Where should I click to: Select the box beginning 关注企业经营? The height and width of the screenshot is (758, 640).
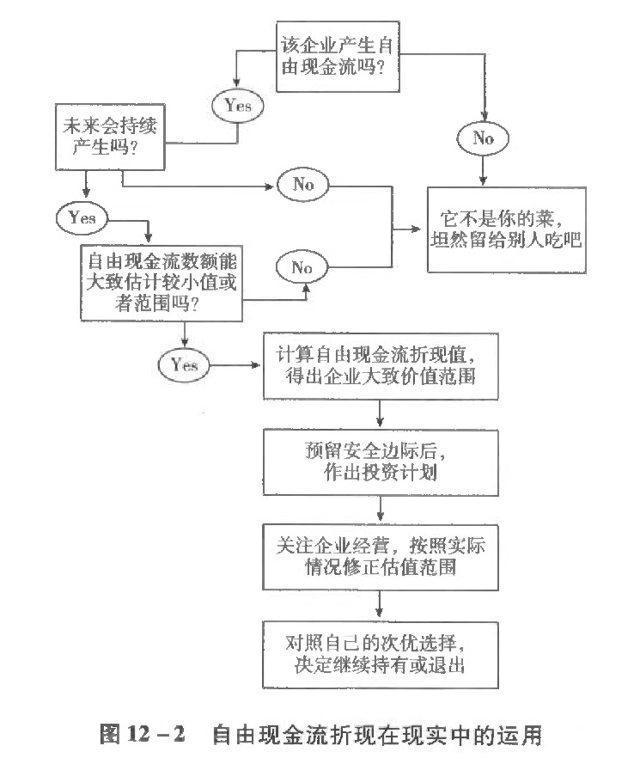tap(381, 558)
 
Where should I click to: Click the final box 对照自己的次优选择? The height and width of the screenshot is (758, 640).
tap(381, 652)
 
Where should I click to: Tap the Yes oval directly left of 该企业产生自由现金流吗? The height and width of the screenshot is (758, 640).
tap(238, 106)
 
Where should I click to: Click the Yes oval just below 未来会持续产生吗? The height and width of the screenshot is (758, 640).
tap(82, 218)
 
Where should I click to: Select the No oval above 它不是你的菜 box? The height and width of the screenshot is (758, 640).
tap(485, 138)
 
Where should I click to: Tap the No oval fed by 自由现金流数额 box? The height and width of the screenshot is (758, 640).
tap(302, 267)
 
